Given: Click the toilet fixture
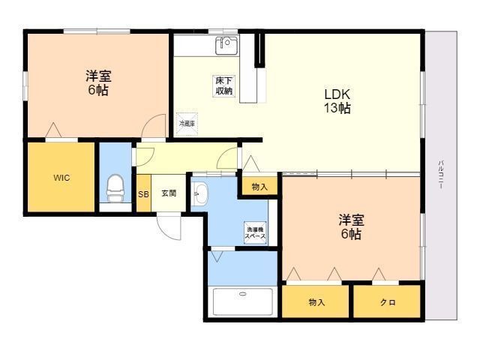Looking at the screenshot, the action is [x=115, y=188].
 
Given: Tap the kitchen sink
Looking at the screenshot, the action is [x=226, y=46].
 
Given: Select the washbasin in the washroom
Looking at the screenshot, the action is [x=200, y=193].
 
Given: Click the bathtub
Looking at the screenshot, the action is [x=242, y=301].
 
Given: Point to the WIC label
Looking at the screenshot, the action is [x=61, y=178].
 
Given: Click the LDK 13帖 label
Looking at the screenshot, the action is [x=337, y=101].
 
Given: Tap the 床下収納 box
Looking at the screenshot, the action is [x=224, y=86].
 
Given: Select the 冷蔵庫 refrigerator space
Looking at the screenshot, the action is [x=187, y=124].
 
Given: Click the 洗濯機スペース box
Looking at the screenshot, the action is [x=255, y=232].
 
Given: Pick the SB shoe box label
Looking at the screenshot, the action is [x=143, y=194].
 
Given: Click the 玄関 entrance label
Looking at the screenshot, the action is [x=169, y=193].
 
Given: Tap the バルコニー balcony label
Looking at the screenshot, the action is [x=441, y=175].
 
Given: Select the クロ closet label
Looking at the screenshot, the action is [x=388, y=303].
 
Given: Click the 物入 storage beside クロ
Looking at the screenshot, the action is [x=316, y=302].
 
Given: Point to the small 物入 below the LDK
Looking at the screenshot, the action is [x=259, y=187].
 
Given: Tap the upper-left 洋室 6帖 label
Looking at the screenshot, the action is [x=98, y=83].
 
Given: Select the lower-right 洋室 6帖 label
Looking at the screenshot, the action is [x=351, y=226].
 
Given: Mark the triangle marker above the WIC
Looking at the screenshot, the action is [x=53, y=130].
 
